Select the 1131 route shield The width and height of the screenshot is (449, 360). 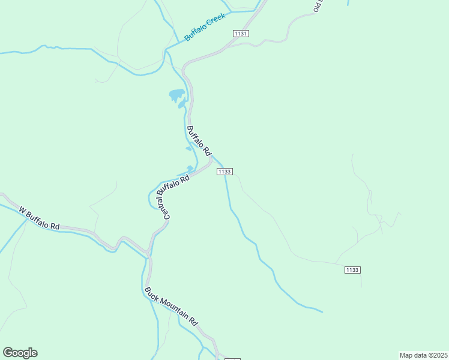241,34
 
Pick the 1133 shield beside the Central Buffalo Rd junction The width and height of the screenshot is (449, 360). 224,172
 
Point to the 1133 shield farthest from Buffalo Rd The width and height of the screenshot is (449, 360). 352,270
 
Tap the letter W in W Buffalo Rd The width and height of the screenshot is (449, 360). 23,210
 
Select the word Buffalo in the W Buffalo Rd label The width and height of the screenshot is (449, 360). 39,218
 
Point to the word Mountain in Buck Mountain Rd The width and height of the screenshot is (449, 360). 173,308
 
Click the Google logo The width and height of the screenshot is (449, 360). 20,353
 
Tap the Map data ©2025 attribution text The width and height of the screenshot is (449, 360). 423,355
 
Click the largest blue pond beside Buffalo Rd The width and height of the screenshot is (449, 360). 176,94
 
